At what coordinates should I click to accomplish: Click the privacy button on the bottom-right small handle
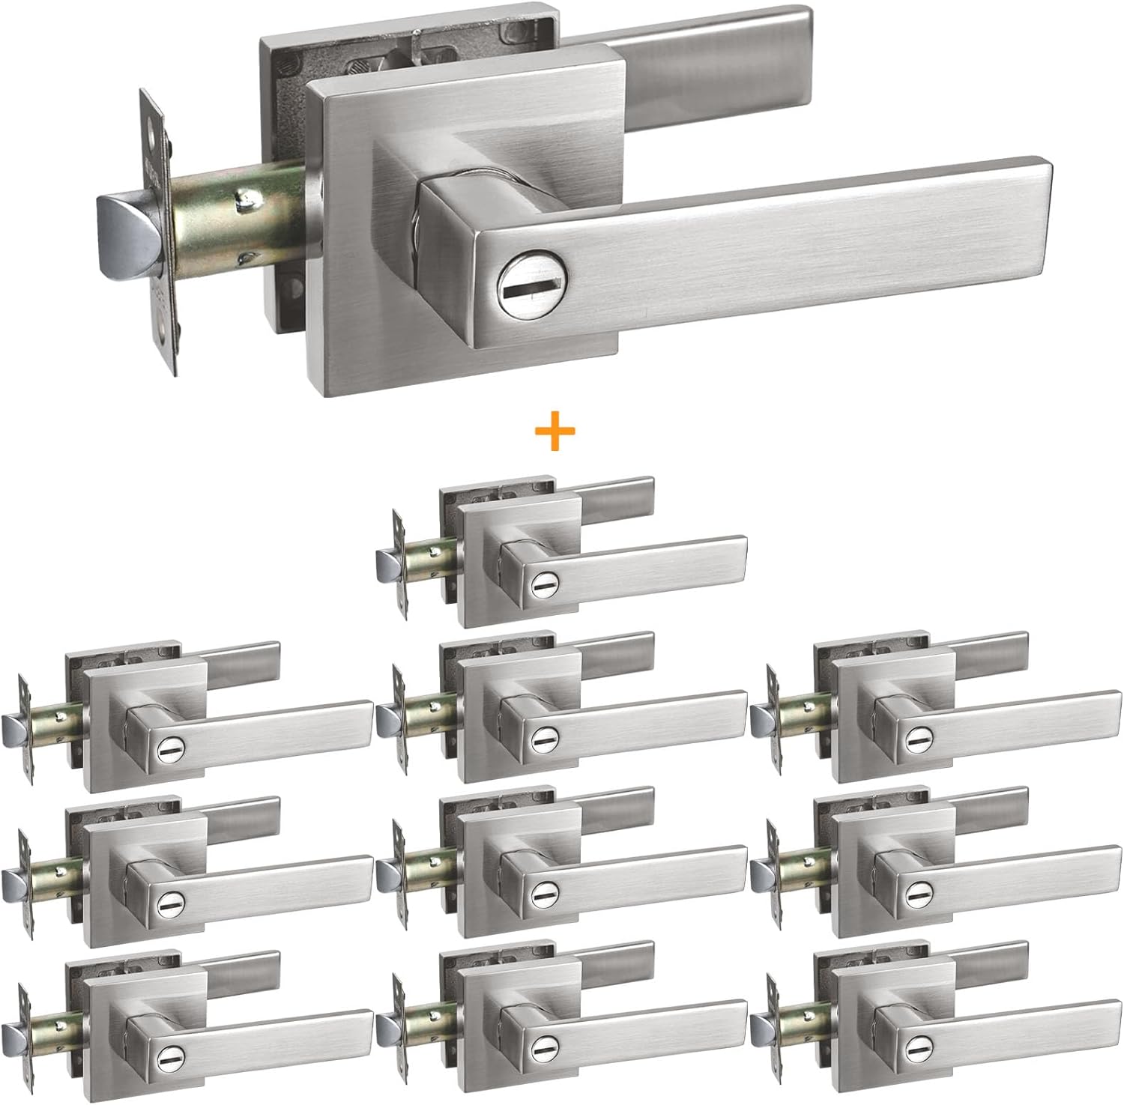[x=914, y=1049]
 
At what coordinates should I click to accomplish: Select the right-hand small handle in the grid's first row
[x=937, y=708]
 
